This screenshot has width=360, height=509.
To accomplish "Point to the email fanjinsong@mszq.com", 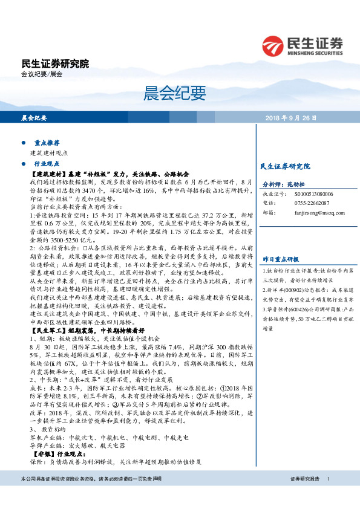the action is (x=312, y=212).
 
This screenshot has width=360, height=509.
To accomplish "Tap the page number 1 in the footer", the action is (x=328, y=496).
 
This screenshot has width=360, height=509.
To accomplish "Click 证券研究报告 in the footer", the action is (x=304, y=496).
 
